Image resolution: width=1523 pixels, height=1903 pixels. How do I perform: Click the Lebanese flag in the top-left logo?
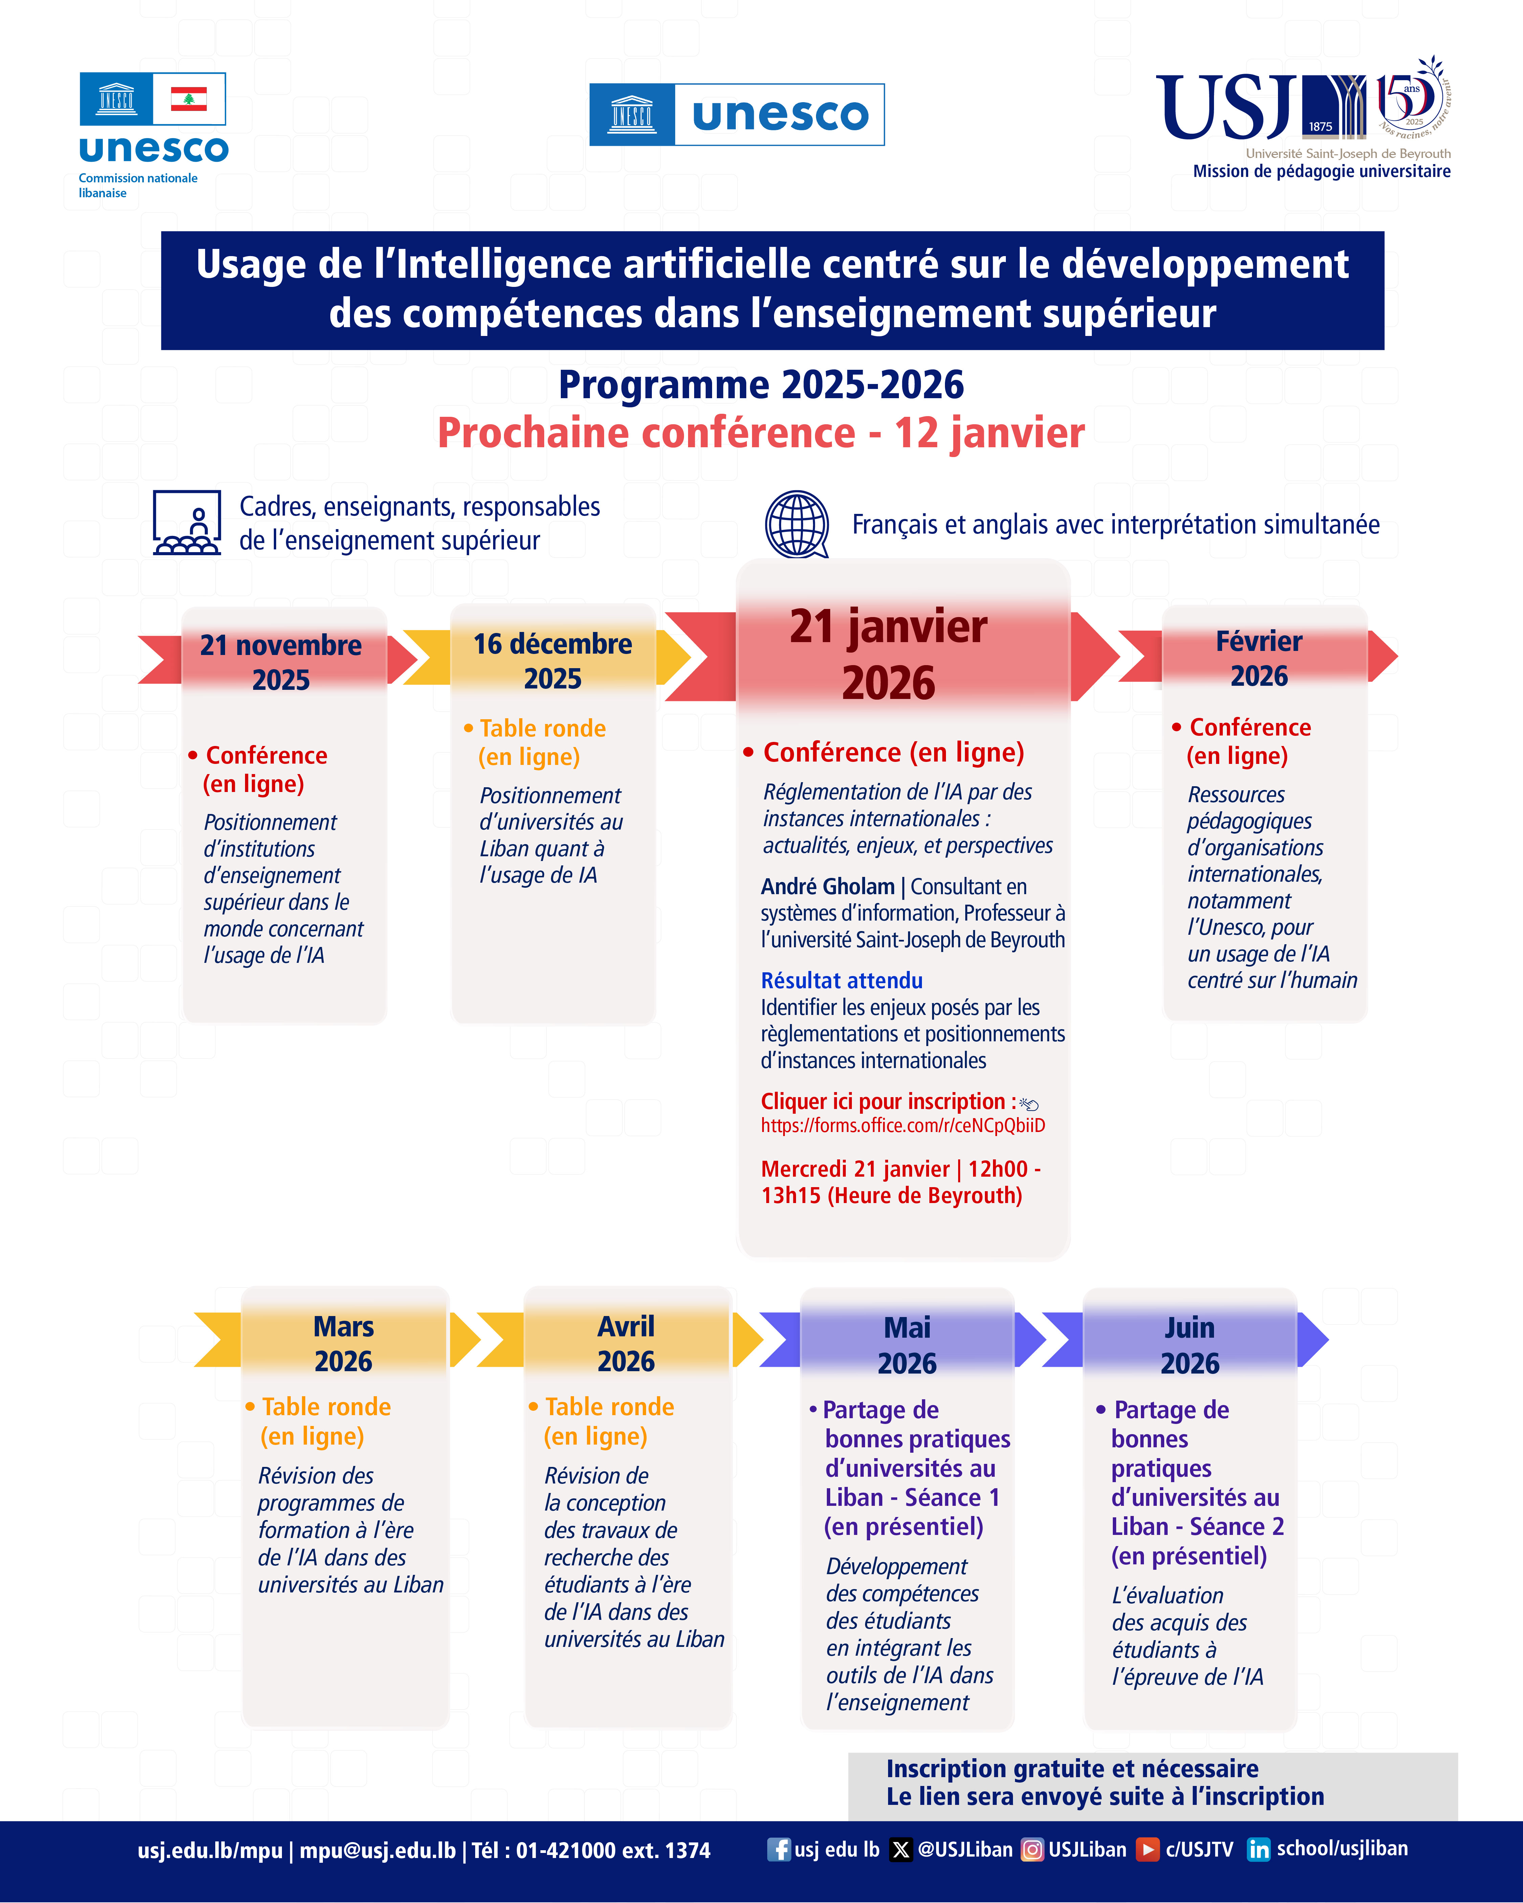click(188, 99)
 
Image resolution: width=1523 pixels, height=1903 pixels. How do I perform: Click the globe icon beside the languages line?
click(796, 524)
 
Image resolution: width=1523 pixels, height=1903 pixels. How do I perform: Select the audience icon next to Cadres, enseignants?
click(186, 523)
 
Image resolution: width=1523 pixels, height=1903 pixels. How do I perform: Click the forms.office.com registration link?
click(902, 1125)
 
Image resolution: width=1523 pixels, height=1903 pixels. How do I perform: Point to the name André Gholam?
click(827, 886)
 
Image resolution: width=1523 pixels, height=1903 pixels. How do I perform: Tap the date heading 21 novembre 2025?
click(281, 662)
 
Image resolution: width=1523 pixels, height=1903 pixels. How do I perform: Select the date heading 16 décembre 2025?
click(553, 660)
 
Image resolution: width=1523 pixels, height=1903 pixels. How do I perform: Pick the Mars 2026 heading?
click(344, 1343)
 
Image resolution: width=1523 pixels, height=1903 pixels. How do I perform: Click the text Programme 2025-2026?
click(761, 385)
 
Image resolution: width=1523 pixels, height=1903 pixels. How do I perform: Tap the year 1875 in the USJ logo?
click(1320, 126)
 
